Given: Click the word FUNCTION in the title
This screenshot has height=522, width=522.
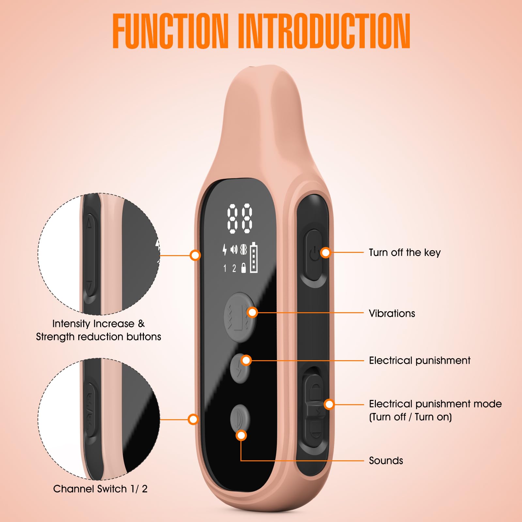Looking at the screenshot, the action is click(170, 31).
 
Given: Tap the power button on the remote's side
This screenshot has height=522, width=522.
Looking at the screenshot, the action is click(314, 254).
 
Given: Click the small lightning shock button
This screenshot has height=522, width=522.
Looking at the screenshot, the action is click(240, 368).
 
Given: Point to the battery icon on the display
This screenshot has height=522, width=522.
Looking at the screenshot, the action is click(254, 257).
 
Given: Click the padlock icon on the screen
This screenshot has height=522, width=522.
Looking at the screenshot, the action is click(243, 268).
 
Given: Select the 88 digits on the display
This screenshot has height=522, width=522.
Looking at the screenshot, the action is click(240, 219).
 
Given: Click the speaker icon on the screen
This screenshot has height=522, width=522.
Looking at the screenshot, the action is click(234, 250).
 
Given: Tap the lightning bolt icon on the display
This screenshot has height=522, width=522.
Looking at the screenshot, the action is click(224, 250).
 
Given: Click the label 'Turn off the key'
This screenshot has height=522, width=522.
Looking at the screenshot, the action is click(405, 253).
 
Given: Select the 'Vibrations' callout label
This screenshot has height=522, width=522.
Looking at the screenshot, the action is click(392, 313).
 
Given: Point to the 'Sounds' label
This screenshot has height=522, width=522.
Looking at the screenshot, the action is click(386, 460).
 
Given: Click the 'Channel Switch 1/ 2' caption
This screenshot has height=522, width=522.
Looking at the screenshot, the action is click(100, 489).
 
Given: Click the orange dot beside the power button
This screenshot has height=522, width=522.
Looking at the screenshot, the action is click(326, 253).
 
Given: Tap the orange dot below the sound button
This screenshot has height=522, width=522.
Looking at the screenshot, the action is click(241, 435).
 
